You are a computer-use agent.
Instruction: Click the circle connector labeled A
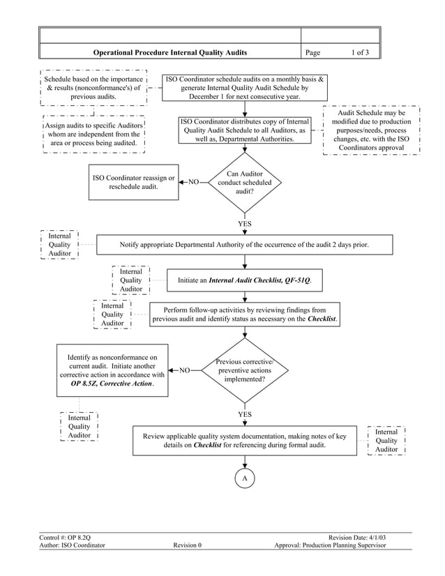(245, 479)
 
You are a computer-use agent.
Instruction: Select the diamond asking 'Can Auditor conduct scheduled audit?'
(245, 182)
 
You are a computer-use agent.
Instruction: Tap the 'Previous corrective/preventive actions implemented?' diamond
(245, 370)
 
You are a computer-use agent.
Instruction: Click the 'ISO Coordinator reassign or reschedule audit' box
(133, 182)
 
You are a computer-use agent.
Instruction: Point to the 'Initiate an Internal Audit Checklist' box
(244, 280)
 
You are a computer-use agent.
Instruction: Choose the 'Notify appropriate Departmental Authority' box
(244, 245)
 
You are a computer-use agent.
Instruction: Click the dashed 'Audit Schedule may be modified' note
(371, 130)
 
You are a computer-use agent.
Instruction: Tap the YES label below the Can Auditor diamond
(245, 224)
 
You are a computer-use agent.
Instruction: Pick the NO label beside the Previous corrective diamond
(185, 370)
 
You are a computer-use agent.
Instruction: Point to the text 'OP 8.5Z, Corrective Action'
(112, 384)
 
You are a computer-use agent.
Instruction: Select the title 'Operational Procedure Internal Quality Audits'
(170, 52)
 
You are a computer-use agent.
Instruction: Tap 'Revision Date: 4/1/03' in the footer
(357, 537)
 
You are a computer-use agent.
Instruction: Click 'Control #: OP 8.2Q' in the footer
(65, 537)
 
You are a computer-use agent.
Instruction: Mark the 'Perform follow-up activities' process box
(244, 314)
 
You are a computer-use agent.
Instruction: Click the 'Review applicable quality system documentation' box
(244, 440)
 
